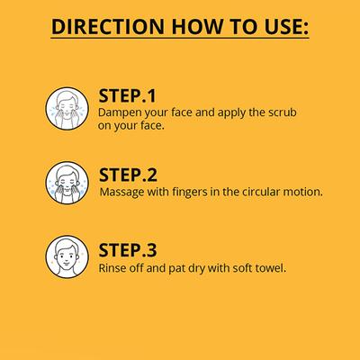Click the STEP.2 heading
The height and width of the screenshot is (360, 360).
(x=127, y=175)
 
